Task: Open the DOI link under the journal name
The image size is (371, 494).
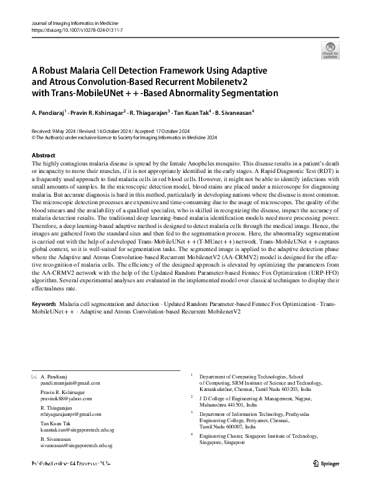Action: [x=77, y=29]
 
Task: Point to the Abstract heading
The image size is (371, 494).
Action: [x=44, y=155]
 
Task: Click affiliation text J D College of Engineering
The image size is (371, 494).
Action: [x=249, y=397]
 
